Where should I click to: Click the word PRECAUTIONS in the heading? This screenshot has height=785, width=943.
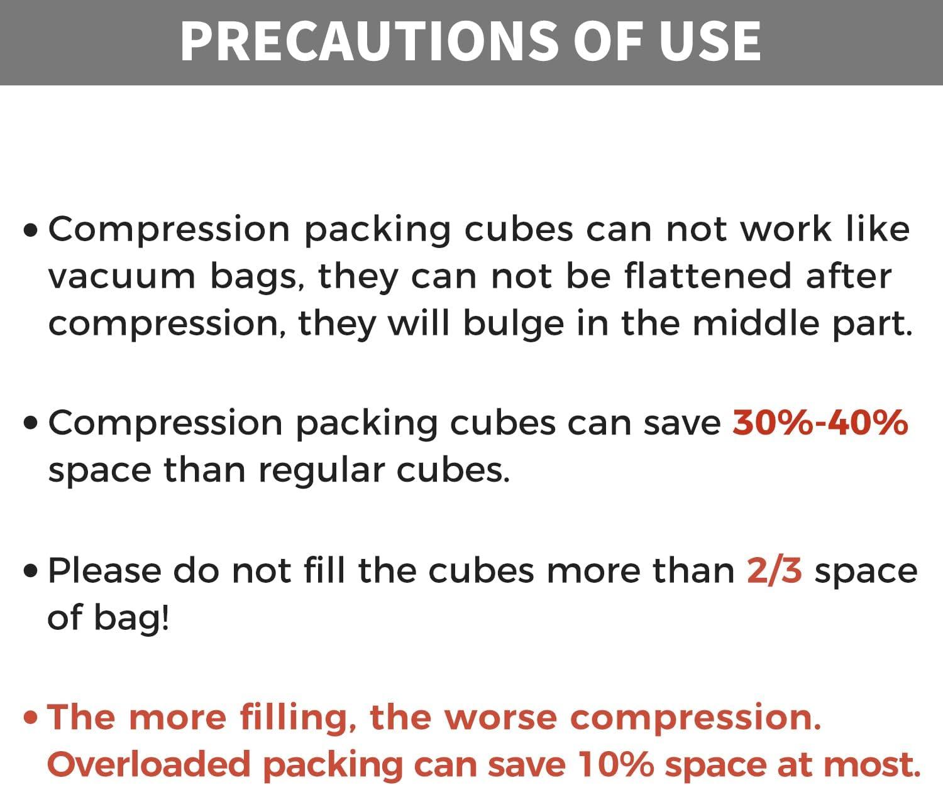coord(370,41)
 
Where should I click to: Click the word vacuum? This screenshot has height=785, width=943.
coord(121,276)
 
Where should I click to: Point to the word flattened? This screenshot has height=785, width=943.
coord(708,276)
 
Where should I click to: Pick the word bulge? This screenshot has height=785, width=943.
coord(514,323)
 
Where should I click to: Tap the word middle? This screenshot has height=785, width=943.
coord(756,323)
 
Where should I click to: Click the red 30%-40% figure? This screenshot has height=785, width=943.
coord(820,423)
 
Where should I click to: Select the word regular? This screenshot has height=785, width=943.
coord(321,472)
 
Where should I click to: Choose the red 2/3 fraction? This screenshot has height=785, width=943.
coord(775,571)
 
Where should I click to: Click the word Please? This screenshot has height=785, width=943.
coord(104,571)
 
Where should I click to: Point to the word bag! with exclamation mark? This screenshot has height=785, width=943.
coord(131,617)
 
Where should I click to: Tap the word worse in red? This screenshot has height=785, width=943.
coord(501,718)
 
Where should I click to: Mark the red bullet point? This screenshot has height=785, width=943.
coord(31,718)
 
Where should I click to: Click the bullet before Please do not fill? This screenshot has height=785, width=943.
coord(31,571)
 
